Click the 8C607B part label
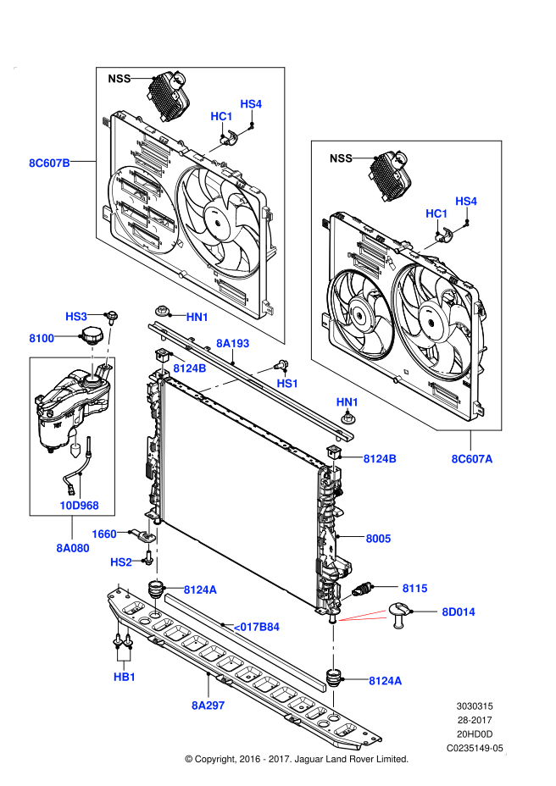[49, 163]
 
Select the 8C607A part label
[471, 459]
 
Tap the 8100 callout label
[42, 338]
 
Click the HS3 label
[76, 316]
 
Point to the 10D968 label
[79, 506]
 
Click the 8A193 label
[232, 343]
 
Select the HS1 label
[287, 383]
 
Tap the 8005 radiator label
[379, 538]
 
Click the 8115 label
[414, 587]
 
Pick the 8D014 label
[458, 611]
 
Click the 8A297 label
[208, 704]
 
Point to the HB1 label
[125, 677]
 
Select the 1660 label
[104, 534]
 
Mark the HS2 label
[121, 562]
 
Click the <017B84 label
[255, 627]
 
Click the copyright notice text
[296, 759]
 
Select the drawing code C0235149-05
[475, 748]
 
